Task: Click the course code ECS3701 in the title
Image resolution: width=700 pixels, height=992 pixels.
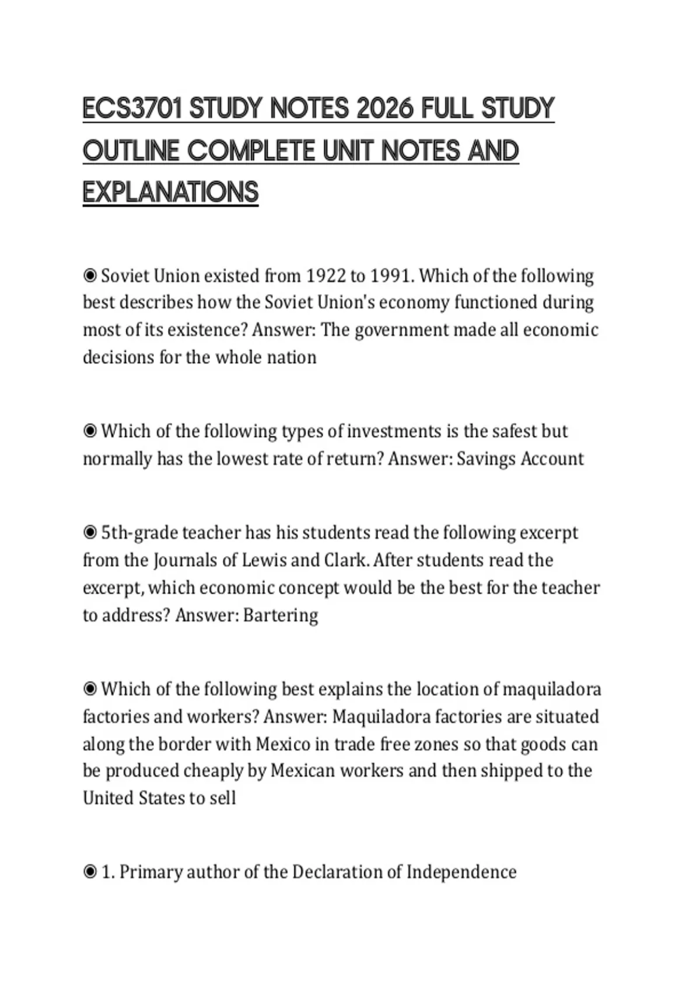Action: [133, 109]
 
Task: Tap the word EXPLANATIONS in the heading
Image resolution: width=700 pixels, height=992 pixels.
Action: [170, 193]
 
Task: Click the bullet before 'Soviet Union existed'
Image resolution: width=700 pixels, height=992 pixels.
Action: [90, 275]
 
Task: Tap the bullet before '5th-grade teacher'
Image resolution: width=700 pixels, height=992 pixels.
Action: [90, 533]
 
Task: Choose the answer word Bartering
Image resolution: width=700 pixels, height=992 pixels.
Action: [281, 616]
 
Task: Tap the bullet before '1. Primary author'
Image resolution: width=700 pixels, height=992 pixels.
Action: [90, 872]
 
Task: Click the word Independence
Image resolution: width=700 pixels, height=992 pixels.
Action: [461, 872]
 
